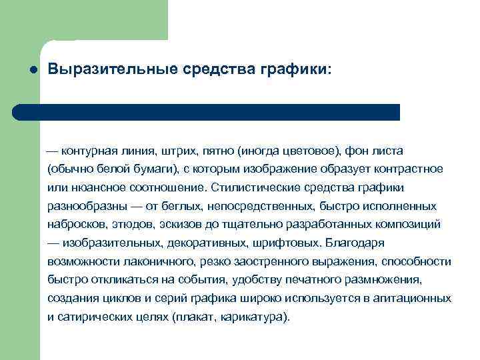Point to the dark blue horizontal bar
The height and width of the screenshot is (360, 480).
(206, 112)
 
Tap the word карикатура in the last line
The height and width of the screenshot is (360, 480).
(257, 317)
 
